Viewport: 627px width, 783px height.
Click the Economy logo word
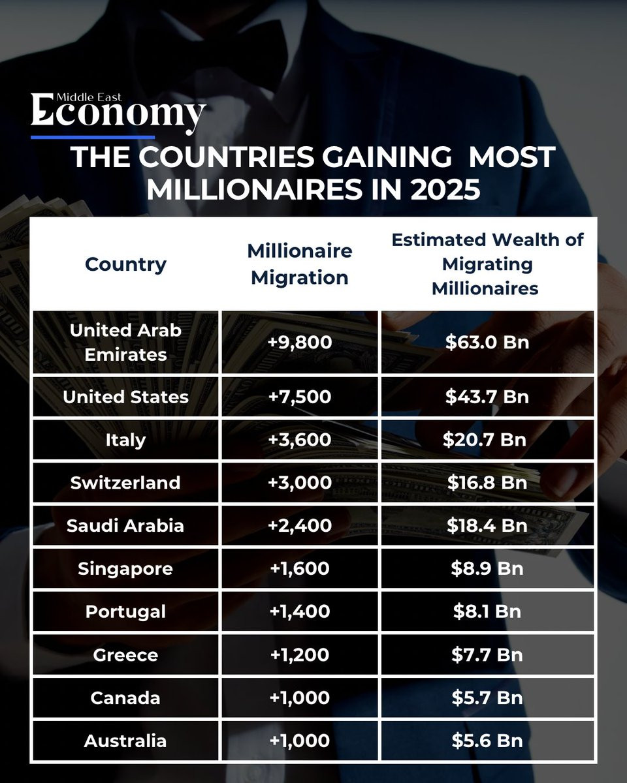tap(118, 113)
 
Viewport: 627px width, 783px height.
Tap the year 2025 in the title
tap(445, 189)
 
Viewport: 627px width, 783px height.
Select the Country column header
tap(125, 264)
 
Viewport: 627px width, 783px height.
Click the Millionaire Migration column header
tap(300, 264)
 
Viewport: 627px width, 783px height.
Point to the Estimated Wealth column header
tap(487, 264)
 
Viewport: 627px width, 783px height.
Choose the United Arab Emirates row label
tap(125, 343)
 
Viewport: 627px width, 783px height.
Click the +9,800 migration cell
tap(300, 343)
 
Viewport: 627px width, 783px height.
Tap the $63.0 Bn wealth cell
tap(487, 343)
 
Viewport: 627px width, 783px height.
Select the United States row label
tap(125, 397)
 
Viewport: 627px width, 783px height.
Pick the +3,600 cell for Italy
tap(300, 440)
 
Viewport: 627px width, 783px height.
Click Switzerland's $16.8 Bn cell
tap(487, 483)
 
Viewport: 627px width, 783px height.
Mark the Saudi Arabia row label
tap(125, 526)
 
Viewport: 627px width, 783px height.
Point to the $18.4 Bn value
tap(487, 526)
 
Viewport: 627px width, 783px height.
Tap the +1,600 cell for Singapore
tap(300, 568)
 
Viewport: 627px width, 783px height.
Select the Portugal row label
tap(125, 611)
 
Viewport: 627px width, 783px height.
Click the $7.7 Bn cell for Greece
tap(487, 654)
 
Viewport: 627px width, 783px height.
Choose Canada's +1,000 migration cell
tap(300, 698)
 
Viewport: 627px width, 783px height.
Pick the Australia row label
tap(125, 741)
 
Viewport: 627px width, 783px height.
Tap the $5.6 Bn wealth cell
tap(487, 741)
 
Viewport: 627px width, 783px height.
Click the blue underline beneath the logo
tap(93, 138)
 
